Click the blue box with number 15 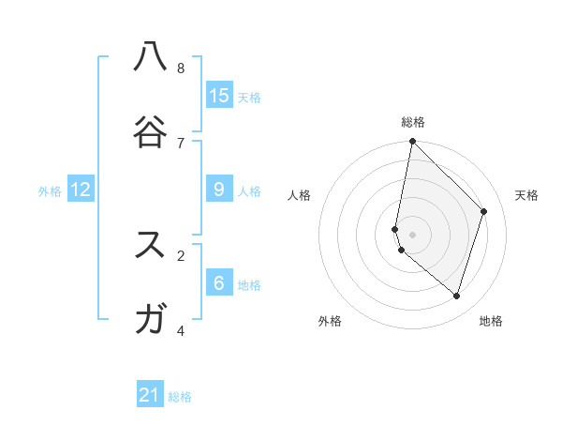click(219, 95)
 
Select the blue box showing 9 click(219, 189)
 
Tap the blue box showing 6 click(219, 282)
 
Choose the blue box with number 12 click(81, 189)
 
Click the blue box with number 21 click(150, 395)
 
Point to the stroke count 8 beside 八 click(181, 68)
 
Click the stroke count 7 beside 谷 click(181, 143)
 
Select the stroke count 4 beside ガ click(181, 330)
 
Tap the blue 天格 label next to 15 click(249, 97)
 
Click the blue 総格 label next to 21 click(180, 397)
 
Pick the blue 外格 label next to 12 click(50, 191)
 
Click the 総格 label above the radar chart click(413, 122)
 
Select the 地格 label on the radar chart click(491, 321)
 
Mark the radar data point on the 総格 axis click(412, 142)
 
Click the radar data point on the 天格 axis click(484, 211)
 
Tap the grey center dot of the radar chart click(412, 234)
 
